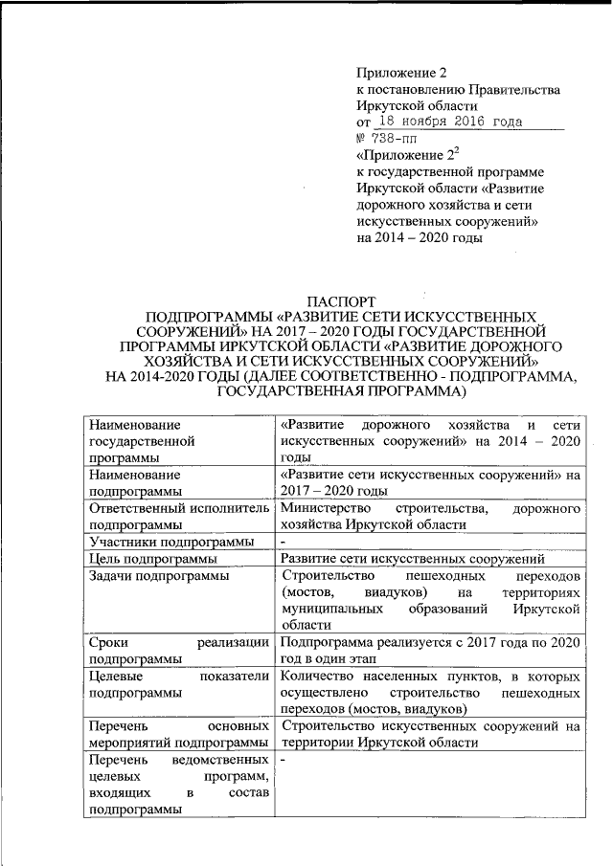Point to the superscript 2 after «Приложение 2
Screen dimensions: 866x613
click(456, 150)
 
